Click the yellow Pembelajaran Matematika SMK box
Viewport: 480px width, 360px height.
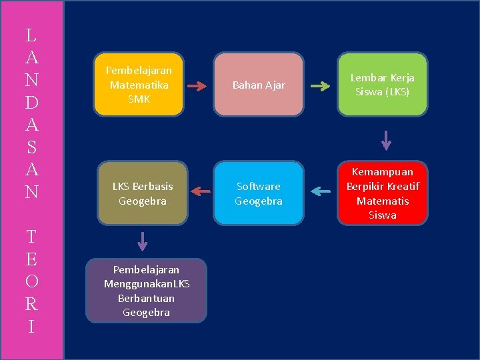(139, 85)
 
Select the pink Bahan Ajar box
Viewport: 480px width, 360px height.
(259, 85)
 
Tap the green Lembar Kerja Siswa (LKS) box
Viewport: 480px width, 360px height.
(383, 85)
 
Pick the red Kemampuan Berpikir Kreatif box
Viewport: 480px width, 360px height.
(383, 193)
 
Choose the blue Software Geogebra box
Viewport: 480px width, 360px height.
(259, 193)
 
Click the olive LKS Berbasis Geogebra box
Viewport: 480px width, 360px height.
(143, 193)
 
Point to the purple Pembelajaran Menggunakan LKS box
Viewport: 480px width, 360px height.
(147, 291)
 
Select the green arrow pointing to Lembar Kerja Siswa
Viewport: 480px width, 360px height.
(321, 86)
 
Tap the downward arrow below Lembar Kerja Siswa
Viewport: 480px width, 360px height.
(385, 141)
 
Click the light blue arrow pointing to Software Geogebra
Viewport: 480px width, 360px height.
(321, 192)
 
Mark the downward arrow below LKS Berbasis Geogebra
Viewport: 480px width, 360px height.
(142, 240)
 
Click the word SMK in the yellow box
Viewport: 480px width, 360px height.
(139, 99)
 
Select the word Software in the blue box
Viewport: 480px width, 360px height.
(259, 186)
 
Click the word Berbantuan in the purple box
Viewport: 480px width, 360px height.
(147, 298)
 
